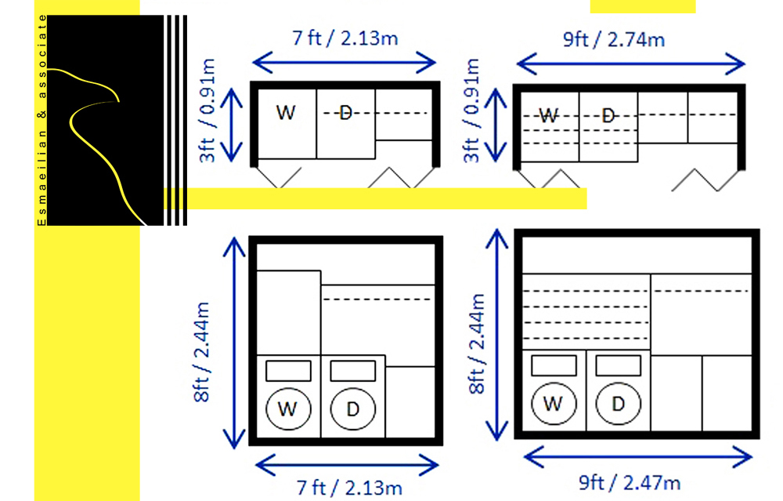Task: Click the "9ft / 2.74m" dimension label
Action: [x=614, y=38]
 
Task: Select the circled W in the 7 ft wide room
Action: [x=289, y=408]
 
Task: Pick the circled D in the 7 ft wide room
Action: [x=352, y=408]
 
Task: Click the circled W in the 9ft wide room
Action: [x=554, y=404]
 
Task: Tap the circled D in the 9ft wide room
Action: [x=618, y=404]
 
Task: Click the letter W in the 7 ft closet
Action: [x=287, y=113]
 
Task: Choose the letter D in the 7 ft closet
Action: [x=345, y=114]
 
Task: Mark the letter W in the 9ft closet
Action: [x=549, y=115]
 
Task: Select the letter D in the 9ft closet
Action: [x=608, y=115]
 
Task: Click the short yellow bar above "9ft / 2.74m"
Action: [x=642, y=6]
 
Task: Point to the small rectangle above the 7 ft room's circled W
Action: [x=288, y=370]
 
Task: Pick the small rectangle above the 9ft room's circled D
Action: [x=618, y=366]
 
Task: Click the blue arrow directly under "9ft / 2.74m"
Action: [x=630, y=63]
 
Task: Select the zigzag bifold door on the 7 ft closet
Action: [x=391, y=178]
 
